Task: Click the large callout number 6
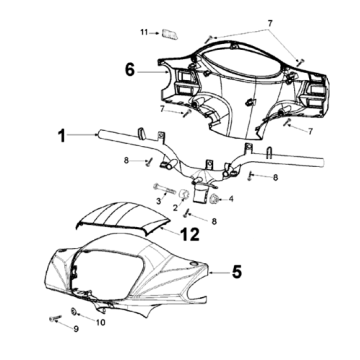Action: tap(130, 70)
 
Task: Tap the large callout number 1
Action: tap(62, 136)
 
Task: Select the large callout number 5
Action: tap(237, 272)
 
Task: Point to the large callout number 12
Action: tap(190, 234)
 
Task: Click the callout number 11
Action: tap(144, 32)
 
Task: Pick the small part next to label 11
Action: tap(169, 34)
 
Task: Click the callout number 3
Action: tap(159, 201)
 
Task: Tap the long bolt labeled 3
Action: tap(164, 189)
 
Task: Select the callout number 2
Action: tap(175, 208)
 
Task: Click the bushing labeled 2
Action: tap(184, 194)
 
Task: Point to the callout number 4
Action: tap(231, 199)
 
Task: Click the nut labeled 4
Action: tap(213, 199)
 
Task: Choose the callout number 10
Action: tap(101, 322)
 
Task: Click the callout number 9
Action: tap(76, 329)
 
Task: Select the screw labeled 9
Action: tap(55, 318)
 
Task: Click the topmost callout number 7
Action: tap(270, 23)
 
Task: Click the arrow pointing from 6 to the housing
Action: tap(152, 71)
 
